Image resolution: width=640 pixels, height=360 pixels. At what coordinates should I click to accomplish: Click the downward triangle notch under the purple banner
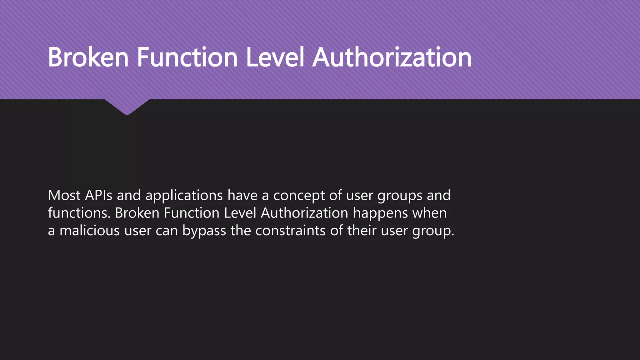point(127,106)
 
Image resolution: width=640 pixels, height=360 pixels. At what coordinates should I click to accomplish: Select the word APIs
point(98,195)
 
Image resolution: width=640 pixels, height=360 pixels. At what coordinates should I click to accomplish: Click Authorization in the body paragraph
point(304,213)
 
